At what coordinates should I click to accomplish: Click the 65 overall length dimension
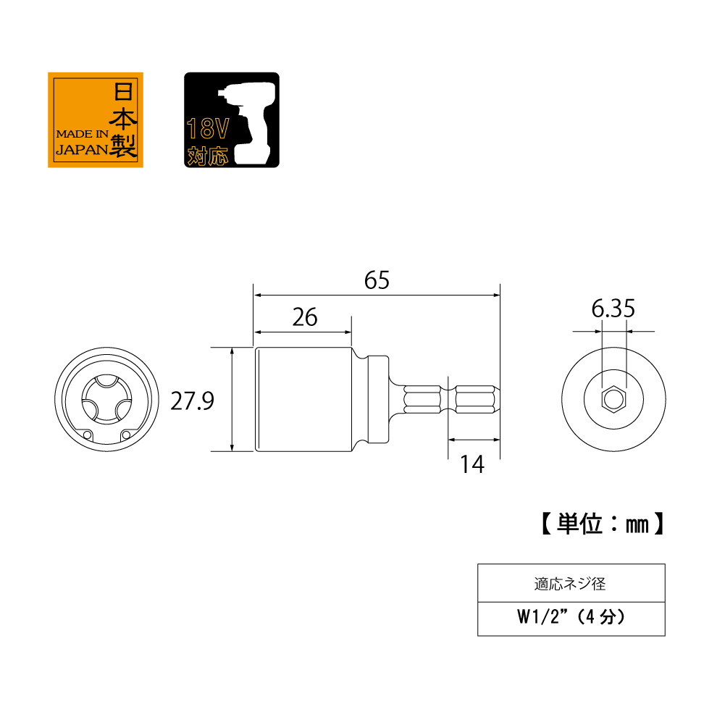(x=377, y=280)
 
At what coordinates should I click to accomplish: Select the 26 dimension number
(x=305, y=317)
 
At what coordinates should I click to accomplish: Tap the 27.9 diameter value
(x=193, y=401)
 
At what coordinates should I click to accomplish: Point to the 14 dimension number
(x=472, y=464)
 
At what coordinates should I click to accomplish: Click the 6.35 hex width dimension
(x=613, y=309)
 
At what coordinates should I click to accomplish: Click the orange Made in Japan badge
(x=96, y=120)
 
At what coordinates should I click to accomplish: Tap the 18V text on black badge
(x=208, y=128)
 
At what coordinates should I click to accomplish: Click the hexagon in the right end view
(x=613, y=399)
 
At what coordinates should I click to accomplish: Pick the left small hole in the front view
(x=87, y=435)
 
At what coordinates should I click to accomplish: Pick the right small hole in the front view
(x=126, y=435)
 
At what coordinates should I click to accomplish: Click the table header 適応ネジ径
(x=570, y=584)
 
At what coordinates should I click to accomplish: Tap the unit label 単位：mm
(x=603, y=524)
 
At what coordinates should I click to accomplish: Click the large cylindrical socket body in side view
(x=303, y=399)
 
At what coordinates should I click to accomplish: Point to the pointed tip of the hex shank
(x=499, y=399)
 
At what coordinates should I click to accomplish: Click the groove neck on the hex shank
(x=448, y=399)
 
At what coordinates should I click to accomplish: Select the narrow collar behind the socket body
(x=378, y=399)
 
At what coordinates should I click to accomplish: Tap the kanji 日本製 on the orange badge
(x=123, y=120)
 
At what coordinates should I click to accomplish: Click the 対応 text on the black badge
(x=208, y=156)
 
